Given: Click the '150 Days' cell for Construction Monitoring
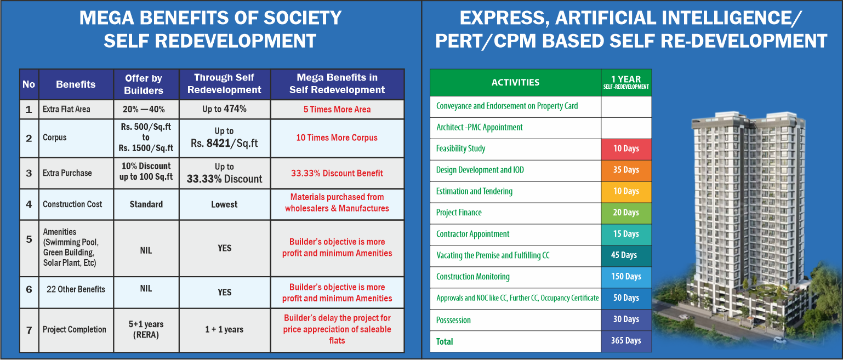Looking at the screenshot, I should click(x=626, y=277).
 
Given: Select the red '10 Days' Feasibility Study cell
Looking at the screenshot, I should click(x=626, y=148).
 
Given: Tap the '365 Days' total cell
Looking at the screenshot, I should click(x=626, y=341).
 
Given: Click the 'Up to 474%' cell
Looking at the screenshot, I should click(x=224, y=109).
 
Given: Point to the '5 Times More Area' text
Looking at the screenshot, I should click(x=337, y=110).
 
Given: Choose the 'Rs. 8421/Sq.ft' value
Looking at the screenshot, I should click(x=224, y=144).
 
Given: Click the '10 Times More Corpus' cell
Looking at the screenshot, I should click(x=337, y=138).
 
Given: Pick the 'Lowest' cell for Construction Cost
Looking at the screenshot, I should click(x=224, y=204).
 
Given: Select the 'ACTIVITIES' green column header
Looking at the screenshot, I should click(x=515, y=82).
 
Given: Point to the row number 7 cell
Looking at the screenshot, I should click(x=29, y=330).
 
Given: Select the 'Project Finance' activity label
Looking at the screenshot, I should click(x=459, y=213).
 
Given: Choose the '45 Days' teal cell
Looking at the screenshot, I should click(x=626, y=255).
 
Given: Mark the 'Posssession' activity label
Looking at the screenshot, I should click(x=453, y=320).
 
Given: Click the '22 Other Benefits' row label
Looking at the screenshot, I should click(x=76, y=289).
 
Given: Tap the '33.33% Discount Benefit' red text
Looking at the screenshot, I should click(x=337, y=173).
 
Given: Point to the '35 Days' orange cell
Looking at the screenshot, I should click(x=626, y=170).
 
